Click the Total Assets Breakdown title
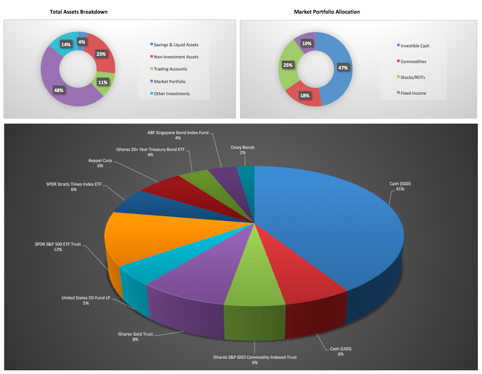coord(78,12)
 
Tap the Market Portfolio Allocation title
coord(327,12)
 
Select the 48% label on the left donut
coord(58,90)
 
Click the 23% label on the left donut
coord(101,54)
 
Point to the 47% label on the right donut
coord(343,68)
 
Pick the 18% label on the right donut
coord(304,95)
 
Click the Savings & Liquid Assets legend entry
coord(176,45)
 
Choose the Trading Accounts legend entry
coord(170,69)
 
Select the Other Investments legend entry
coord(172,94)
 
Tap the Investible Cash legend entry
coord(415,46)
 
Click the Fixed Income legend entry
coord(413,93)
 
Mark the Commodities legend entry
coord(413,62)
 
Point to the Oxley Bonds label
coord(242,150)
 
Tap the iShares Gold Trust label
coord(135,337)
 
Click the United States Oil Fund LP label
coord(86,300)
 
